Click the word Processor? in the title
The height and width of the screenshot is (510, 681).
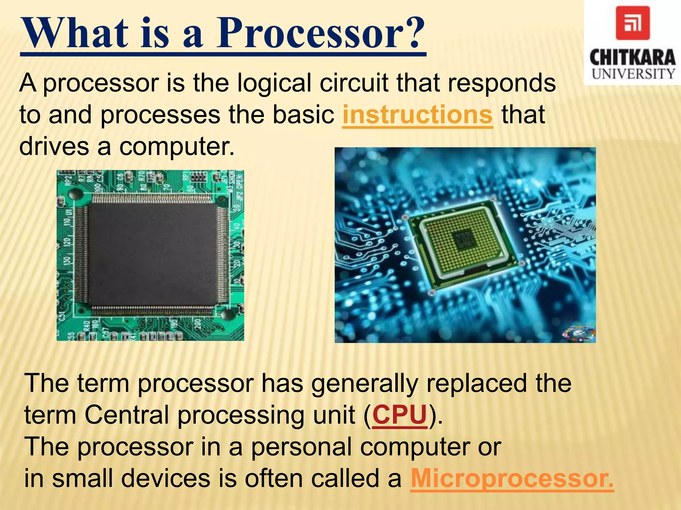click(321, 33)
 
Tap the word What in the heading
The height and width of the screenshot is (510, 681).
click(75, 33)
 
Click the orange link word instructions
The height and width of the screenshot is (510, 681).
click(417, 115)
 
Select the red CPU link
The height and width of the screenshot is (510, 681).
click(399, 415)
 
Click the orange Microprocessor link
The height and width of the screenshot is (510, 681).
click(512, 478)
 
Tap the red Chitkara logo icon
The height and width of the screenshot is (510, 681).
click(632, 23)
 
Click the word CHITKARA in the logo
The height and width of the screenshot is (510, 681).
click(632, 58)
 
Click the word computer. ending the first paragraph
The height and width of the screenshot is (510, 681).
click(177, 146)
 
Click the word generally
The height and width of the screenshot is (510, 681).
click(364, 383)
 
